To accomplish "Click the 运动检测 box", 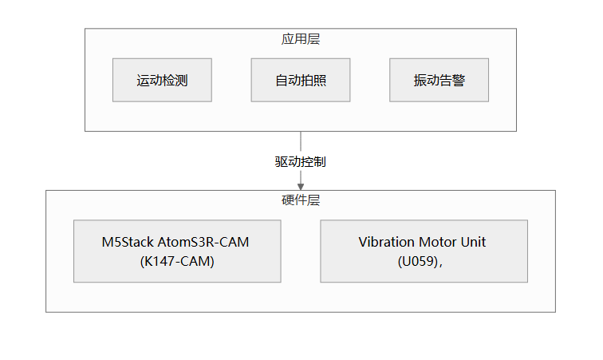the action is (x=162, y=80).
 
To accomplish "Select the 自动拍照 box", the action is (x=301, y=80).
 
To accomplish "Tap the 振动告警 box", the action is (x=439, y=80).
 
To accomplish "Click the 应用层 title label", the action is (x=301, y=39).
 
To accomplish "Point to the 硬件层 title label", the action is (x=301, y=200).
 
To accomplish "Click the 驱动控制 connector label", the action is (x=301, y=162).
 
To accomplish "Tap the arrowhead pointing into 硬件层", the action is (x=301, y=187).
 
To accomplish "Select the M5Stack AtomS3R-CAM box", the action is (x=177, y=251).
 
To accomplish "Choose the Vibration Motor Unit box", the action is (x=424, y=251).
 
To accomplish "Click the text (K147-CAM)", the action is (x=177, y=262).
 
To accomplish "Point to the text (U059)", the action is (x=418, y=262).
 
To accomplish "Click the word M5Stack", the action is (x=128, y=242).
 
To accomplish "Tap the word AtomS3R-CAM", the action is (x=203, y=242).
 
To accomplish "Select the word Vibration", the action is (x=386, y=242).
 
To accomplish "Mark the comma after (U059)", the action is (x=441, y=265).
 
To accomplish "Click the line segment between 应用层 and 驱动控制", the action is (x=301, y=141).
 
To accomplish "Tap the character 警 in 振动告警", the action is (x=459, y=81).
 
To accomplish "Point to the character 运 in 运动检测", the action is (x=143, y=81).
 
